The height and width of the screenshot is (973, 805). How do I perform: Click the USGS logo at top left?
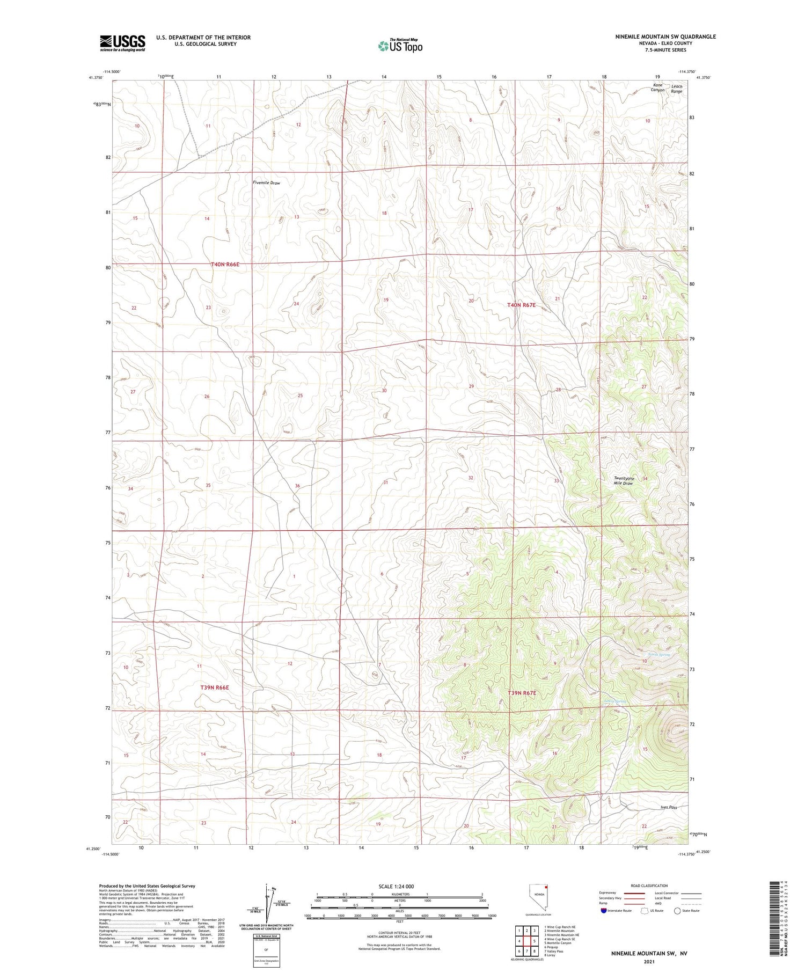pyautogui.click(x=122, y=43)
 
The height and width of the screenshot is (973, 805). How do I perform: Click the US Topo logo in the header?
pyautogui.click(x=400, y=46)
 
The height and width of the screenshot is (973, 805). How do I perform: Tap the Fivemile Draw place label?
pyautogui.click(x=266, y=183)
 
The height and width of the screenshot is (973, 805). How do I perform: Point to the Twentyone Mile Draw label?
pyautogui.click(x=624, y=481)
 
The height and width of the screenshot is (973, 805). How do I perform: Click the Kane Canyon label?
pyautogui.click(x=657, y=88)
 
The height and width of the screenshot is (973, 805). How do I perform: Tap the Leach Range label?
pyautogui.click(x=677, y=89)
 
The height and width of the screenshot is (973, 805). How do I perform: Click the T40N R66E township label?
pyautogui.click(x=225, y=264)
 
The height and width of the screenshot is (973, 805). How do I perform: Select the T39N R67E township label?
pyautogui.click(x=522, y=693)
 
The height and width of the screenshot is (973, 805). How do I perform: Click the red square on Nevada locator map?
pyautogui.click(x=546, y=894)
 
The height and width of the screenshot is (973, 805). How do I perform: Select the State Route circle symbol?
pyautogui.click(x=677, y=911)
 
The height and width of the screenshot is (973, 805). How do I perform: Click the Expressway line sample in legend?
pyautogui.click(x=637, y=894)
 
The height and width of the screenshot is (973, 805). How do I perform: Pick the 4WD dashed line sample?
pyautogui.click(x=693, y=904)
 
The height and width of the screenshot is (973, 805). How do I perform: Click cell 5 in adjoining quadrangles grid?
pyautogui.click(x=535, y=941)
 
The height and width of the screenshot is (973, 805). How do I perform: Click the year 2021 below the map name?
pyautogui.click(x=648, y=961)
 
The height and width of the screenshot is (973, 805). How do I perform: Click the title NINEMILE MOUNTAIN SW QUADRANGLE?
pyautogui.click(x=665, y=36)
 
